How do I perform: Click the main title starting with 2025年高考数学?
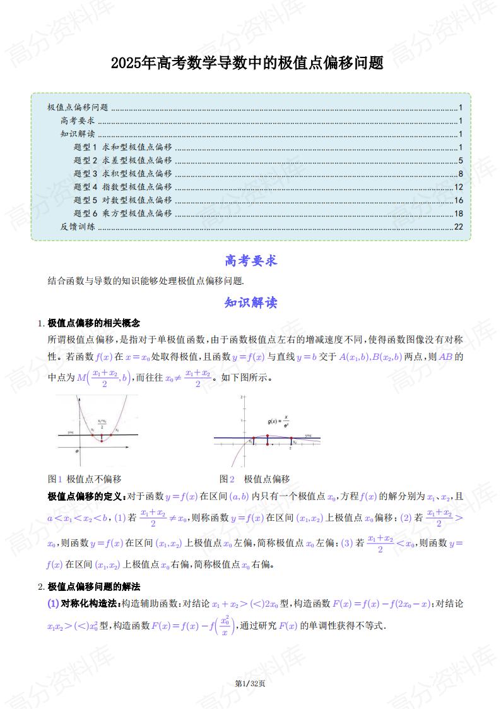coord(247,63)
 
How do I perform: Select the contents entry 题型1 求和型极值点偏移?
coord(122,147)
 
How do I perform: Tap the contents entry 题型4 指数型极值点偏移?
coord(122,187)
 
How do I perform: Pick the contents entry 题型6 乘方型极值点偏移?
coord(122,213)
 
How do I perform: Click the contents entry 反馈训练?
coord(78,227)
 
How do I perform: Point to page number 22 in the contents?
coord(459,227)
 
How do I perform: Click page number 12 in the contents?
coord(459,187)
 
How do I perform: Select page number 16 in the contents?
coord(459,200)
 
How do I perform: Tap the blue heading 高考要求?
coord(250,260)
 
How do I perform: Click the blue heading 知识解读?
coord(250,302)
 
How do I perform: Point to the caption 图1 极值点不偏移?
coord(85,479)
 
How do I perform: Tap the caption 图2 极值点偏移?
coord(254,479)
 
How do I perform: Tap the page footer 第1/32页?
coord(250,683)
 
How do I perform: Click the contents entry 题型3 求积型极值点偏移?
coord(122,174)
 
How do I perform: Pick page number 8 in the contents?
coord(461,174)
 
